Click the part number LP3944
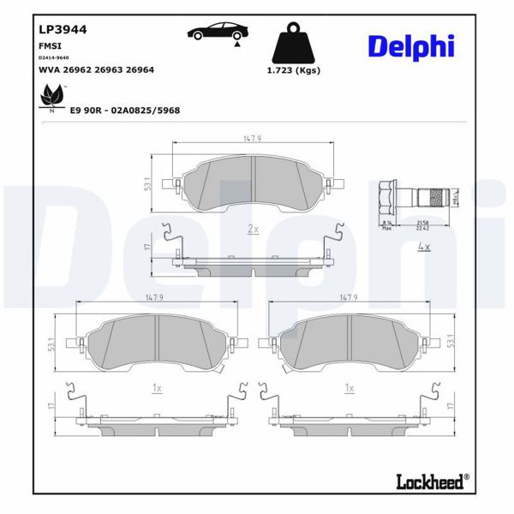click(63, 28)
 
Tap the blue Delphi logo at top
click(410, 46)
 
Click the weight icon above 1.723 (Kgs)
click(294, 44)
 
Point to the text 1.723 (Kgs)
click(294, 70)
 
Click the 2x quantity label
click(253, 229)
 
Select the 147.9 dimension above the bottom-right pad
click(348, 297)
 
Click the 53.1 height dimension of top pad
click(148, 183)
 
